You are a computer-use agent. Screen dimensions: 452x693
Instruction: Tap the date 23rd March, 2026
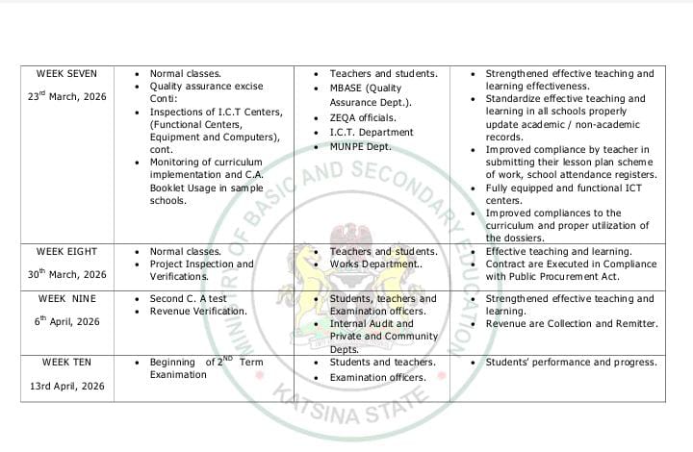pos(67,97)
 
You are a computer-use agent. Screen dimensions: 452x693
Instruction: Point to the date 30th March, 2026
pos(67,274)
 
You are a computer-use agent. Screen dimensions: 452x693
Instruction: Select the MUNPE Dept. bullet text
pos(361,146)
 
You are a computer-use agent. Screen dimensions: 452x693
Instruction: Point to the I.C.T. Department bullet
pos(372,132)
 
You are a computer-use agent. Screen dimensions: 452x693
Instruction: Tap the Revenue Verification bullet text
pos(198,311)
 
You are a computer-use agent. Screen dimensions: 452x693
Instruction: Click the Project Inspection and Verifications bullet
pos(201,269)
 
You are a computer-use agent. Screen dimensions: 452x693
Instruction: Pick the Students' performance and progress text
pos(572,362)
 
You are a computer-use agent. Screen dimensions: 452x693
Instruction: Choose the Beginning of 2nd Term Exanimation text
pos(205,367)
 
